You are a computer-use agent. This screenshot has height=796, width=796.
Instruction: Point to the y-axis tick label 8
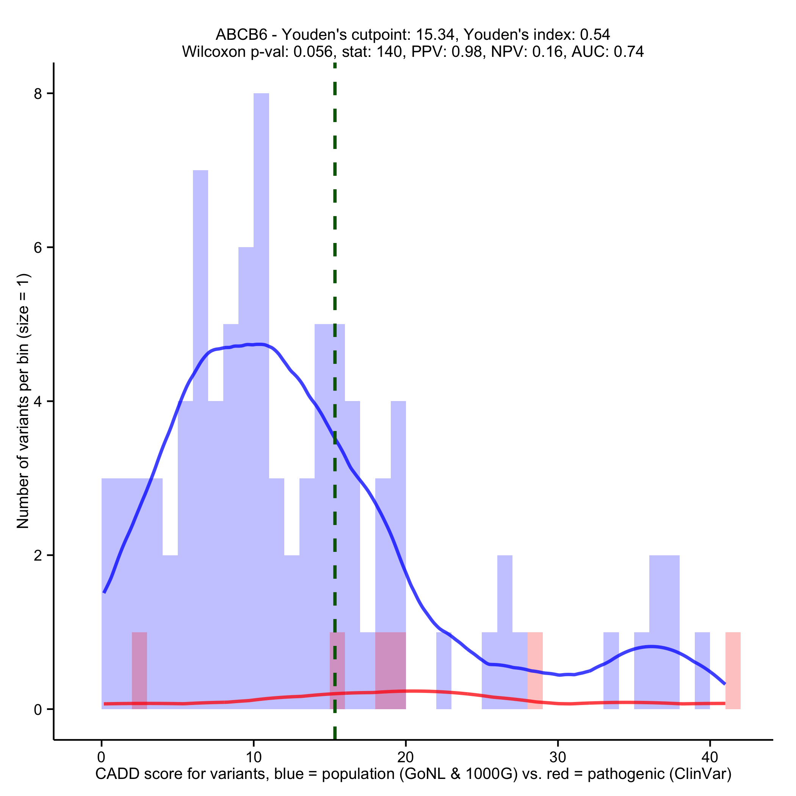(x=38, y=94)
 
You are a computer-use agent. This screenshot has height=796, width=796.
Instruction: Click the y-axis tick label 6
(x=38, y=248)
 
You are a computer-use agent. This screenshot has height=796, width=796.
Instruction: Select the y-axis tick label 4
(x=38, y=402)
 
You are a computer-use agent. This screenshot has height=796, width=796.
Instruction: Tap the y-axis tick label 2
(x=38, y=556)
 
